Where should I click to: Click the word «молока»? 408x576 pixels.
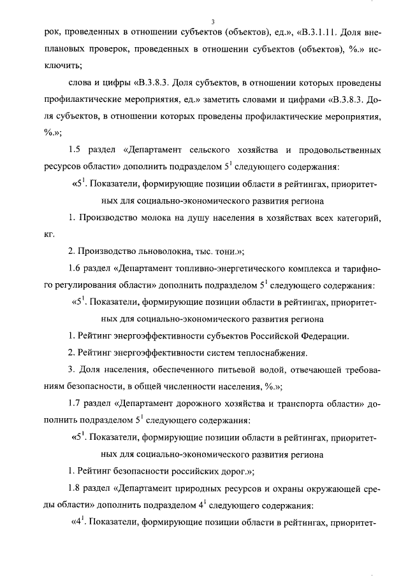(x=150, y=218)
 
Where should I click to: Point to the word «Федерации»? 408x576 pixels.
(x=323, y=335)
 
